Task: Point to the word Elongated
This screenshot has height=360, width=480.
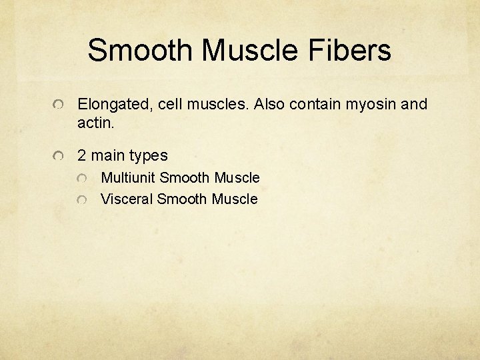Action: (114, 105)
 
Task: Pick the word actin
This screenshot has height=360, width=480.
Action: (95, 123)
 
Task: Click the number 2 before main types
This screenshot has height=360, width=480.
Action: (82, 156)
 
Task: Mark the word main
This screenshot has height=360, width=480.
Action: (109, 156)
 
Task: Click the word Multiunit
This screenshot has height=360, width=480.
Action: (129, 178)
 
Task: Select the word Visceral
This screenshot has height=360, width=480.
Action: (127, 199)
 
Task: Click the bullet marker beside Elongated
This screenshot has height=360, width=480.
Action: (59, 105)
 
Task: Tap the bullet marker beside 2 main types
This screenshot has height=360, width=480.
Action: (59, 157)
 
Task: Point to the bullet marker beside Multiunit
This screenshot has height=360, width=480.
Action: (81, 179)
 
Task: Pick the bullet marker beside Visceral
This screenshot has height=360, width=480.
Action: (81, 200)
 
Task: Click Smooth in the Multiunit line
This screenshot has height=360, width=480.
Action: (185, 178)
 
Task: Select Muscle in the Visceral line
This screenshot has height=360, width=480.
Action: (234, 199)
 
